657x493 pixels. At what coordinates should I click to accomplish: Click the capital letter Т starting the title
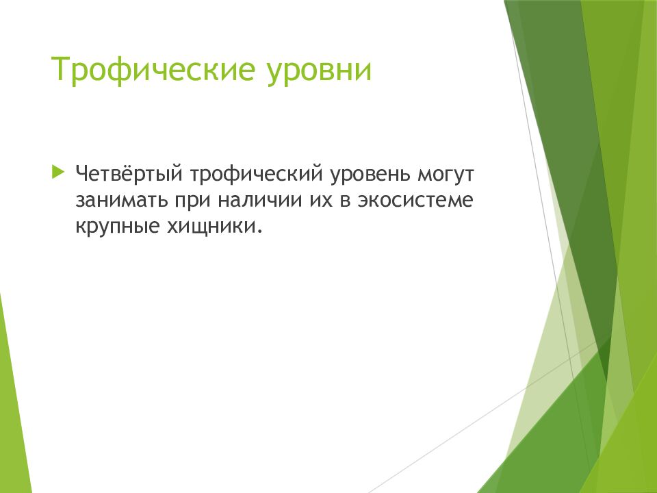click(60, 71)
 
